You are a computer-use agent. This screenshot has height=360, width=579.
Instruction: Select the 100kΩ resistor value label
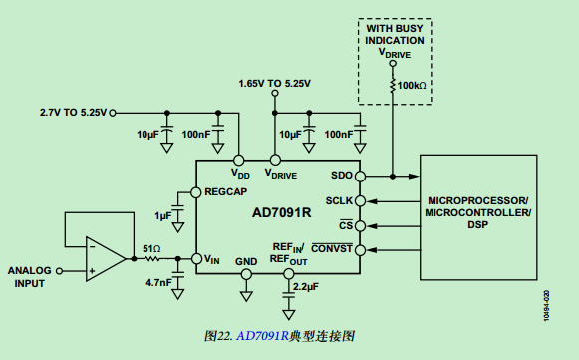(x=412, y=87)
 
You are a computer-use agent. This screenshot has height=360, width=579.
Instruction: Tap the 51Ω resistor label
(x=151, y=248)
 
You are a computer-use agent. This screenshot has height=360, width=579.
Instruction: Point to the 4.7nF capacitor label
(x=157, y=282)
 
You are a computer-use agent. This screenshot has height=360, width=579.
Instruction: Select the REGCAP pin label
(x=225, y=191)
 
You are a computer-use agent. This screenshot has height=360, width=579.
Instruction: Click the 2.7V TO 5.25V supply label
(x=72, y=112)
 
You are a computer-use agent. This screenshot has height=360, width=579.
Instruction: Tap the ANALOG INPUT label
(x=29, y=276)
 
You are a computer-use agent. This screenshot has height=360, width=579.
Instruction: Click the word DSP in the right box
(x=478, y=226)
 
